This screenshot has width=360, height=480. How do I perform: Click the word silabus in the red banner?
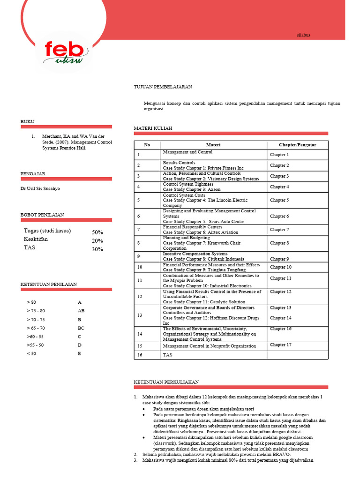[304, 35]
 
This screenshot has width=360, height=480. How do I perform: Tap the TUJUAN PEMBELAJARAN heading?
[163, 87]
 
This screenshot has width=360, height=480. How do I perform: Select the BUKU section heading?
[28, 121]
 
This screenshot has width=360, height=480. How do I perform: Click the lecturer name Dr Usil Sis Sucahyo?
[40, 188]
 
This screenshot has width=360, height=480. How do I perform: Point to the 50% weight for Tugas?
[97, 232]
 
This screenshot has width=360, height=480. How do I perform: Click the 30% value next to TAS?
[97, 249]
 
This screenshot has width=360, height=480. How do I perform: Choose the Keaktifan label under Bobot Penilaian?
[36, 240]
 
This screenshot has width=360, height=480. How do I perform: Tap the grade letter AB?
[81, 311]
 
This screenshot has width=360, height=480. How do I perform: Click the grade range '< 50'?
[31, 353]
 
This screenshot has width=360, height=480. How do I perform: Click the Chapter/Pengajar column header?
[297, 145]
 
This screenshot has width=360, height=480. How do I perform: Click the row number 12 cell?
[140, 296]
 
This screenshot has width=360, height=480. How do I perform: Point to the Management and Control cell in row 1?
[187, 152]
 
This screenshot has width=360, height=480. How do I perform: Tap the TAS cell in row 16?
[168, 355]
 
